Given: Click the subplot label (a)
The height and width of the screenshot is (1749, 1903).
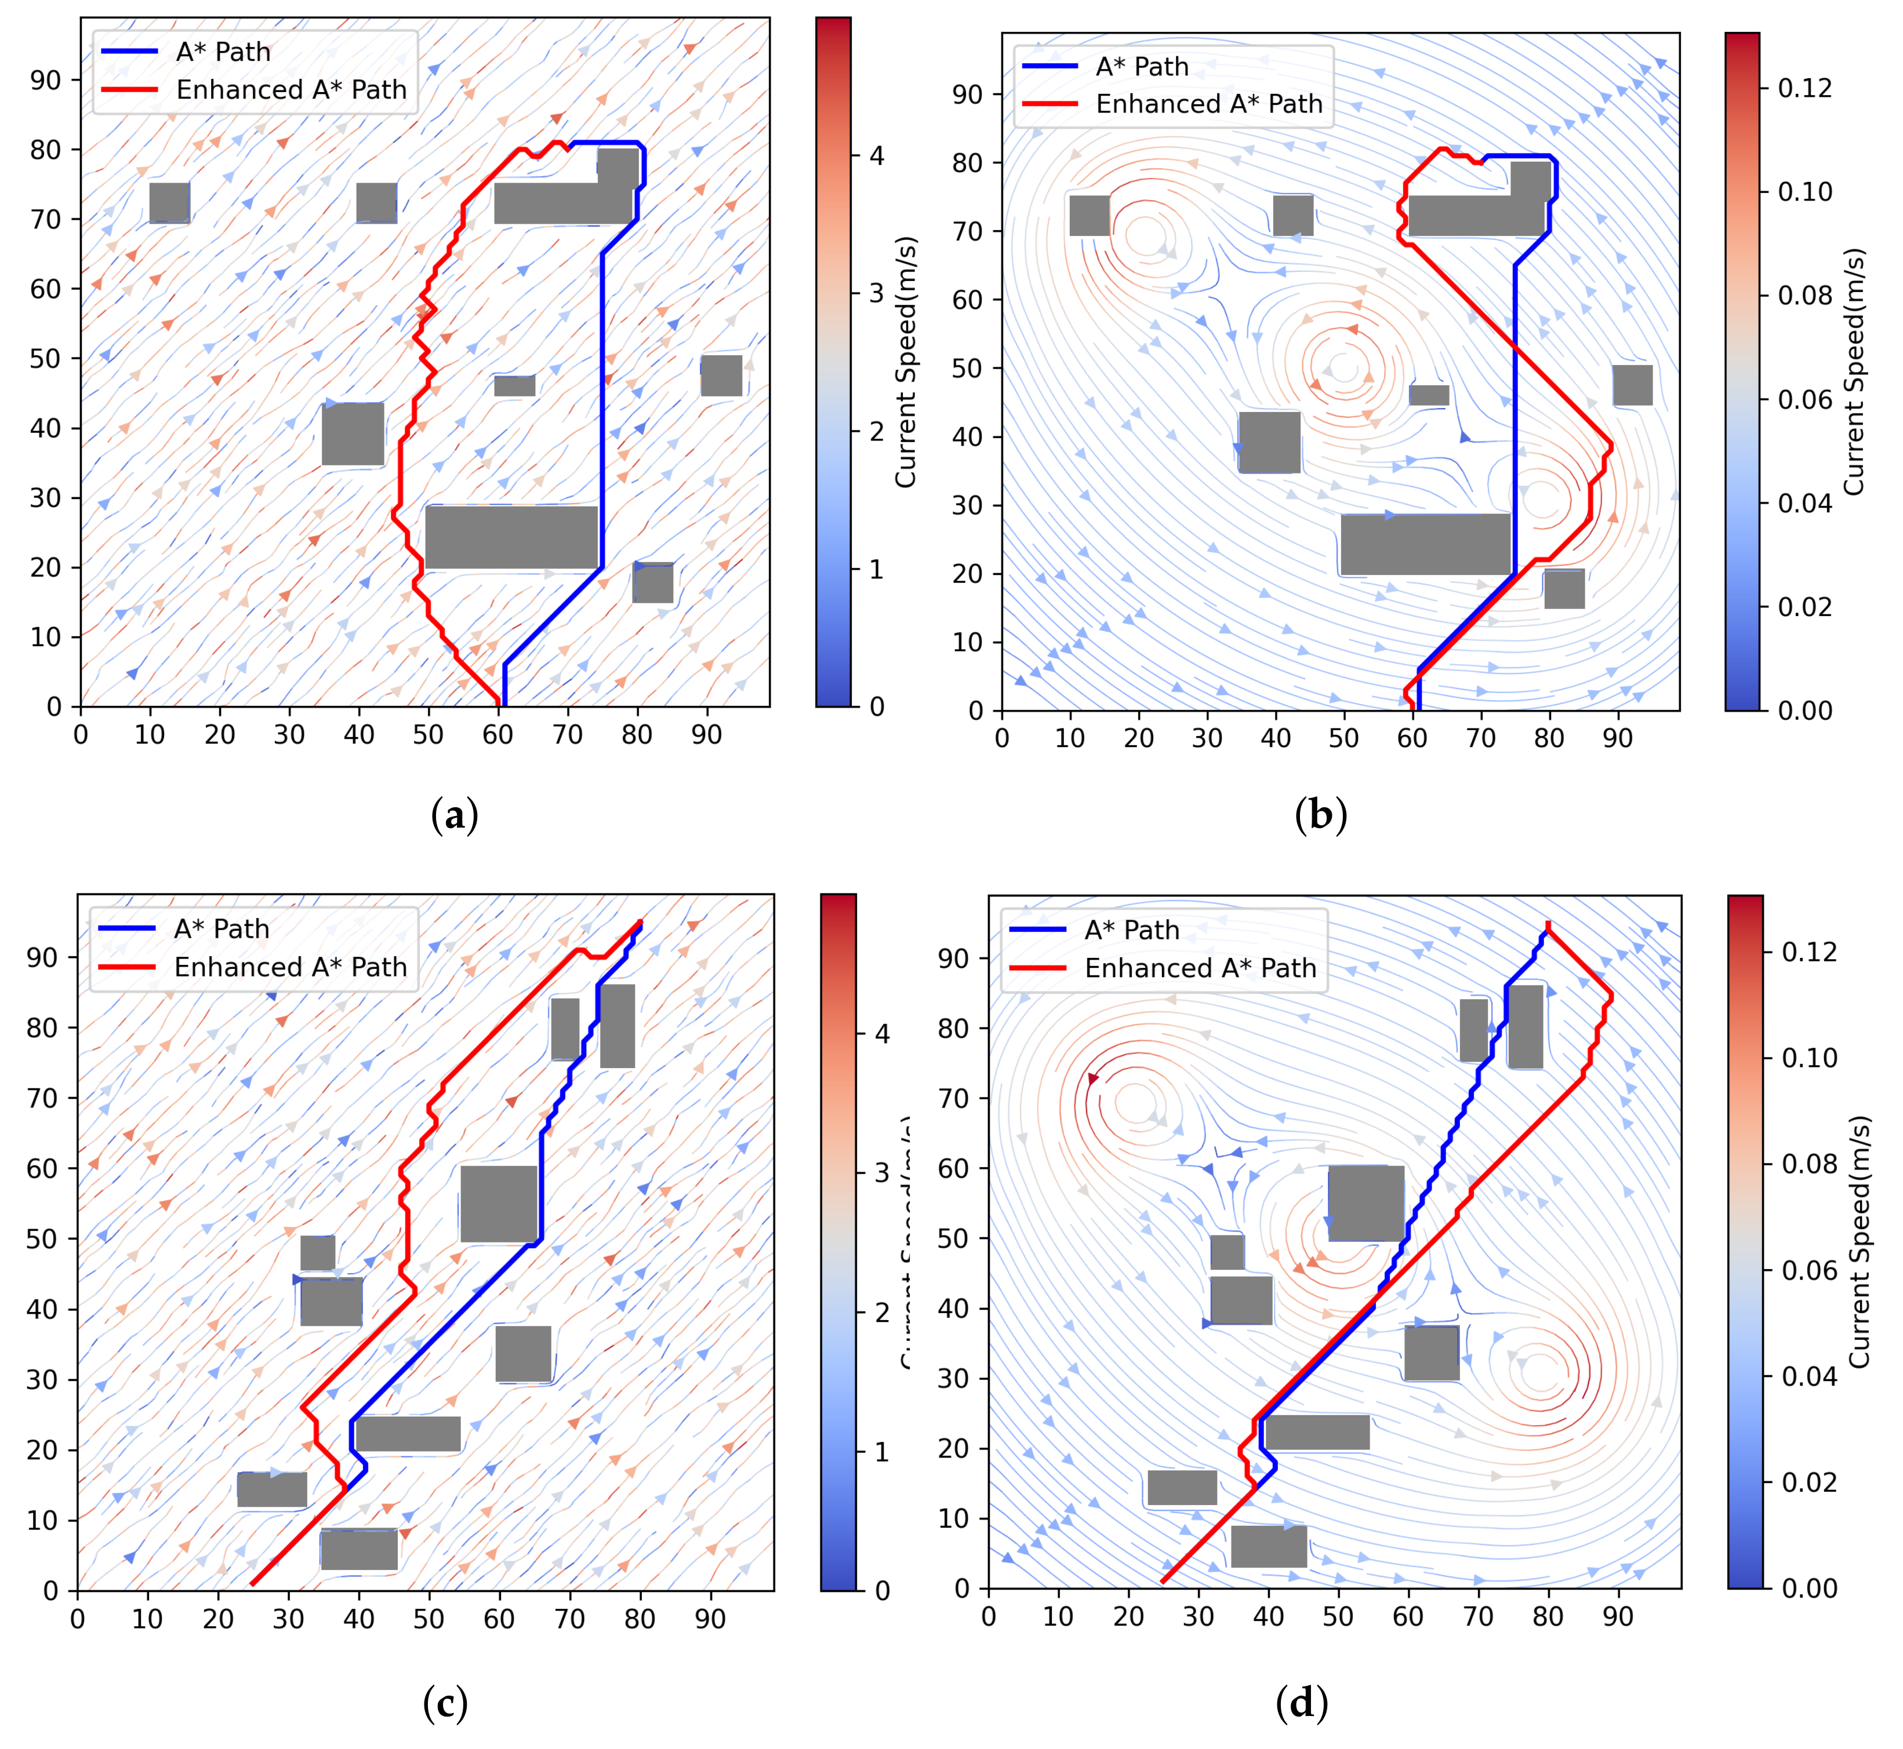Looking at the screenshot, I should coord(455,815).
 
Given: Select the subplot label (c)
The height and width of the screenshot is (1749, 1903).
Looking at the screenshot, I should coord(445,1704).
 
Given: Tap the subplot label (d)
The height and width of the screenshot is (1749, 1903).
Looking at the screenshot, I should coord(1302,1704).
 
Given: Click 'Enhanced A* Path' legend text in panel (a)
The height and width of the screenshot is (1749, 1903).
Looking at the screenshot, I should coord(290,90).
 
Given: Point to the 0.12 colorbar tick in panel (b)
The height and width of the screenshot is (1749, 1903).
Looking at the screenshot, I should coord(1804,88).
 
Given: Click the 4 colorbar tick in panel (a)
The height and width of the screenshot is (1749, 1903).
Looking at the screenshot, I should coord(877,155).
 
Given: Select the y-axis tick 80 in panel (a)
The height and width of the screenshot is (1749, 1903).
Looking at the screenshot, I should coord(45,150).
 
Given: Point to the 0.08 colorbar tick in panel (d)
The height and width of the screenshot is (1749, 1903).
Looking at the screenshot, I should coord(1809,1163).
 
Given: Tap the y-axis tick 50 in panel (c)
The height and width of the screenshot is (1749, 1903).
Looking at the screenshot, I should coord(42,1239).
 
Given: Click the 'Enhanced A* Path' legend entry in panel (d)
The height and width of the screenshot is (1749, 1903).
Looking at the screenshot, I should coord(1200,968).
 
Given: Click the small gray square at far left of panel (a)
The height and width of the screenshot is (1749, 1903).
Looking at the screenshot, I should coord(169,202).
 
